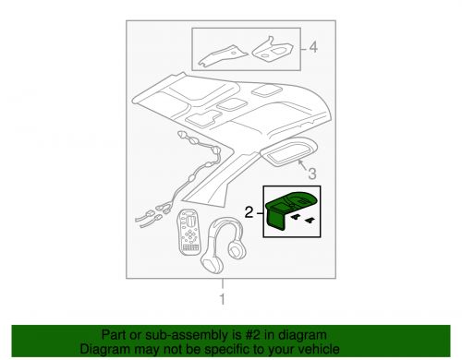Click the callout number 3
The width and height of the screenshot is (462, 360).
[x=312, y=173]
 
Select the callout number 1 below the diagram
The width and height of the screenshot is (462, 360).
[x=221, y=299]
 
